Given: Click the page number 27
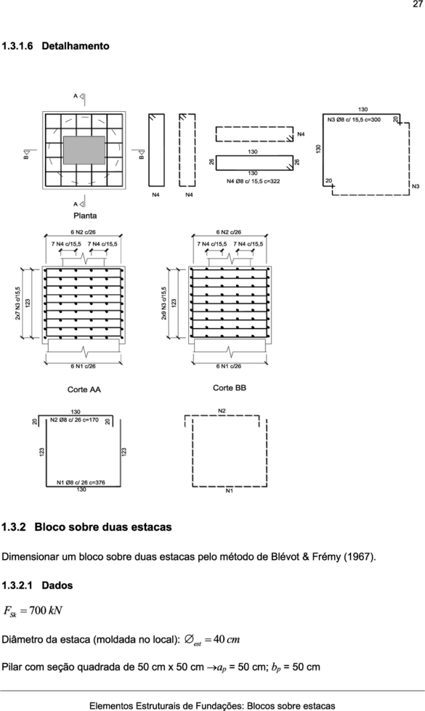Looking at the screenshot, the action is [417, 4].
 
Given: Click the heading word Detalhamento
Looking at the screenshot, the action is [76, 46].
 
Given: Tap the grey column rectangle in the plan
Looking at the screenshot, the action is [84, 150].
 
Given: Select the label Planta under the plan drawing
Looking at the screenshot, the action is [85, 216].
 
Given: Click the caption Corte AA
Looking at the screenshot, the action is [84, 389].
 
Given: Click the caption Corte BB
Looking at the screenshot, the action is [230, 388].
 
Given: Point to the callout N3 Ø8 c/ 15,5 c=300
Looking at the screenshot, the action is [354, 120].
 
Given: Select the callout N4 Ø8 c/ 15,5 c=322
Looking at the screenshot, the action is [253, 181].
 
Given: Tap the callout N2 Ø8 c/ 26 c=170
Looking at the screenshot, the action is [74, 420].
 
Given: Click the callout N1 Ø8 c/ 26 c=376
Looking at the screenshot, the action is [81, 482].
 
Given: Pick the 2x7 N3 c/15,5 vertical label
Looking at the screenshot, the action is [18, 303].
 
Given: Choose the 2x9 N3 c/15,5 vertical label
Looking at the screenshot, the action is [164, 303].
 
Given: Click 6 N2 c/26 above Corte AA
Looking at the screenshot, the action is [83, 232].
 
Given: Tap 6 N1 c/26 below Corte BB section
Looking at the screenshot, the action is [229, 366].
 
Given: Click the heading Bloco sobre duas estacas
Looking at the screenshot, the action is [103, 527].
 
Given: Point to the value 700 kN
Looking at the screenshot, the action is [45, 611].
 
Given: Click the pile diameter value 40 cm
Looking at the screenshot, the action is [226, 640].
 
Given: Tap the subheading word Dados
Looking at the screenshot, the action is [57, 585].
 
